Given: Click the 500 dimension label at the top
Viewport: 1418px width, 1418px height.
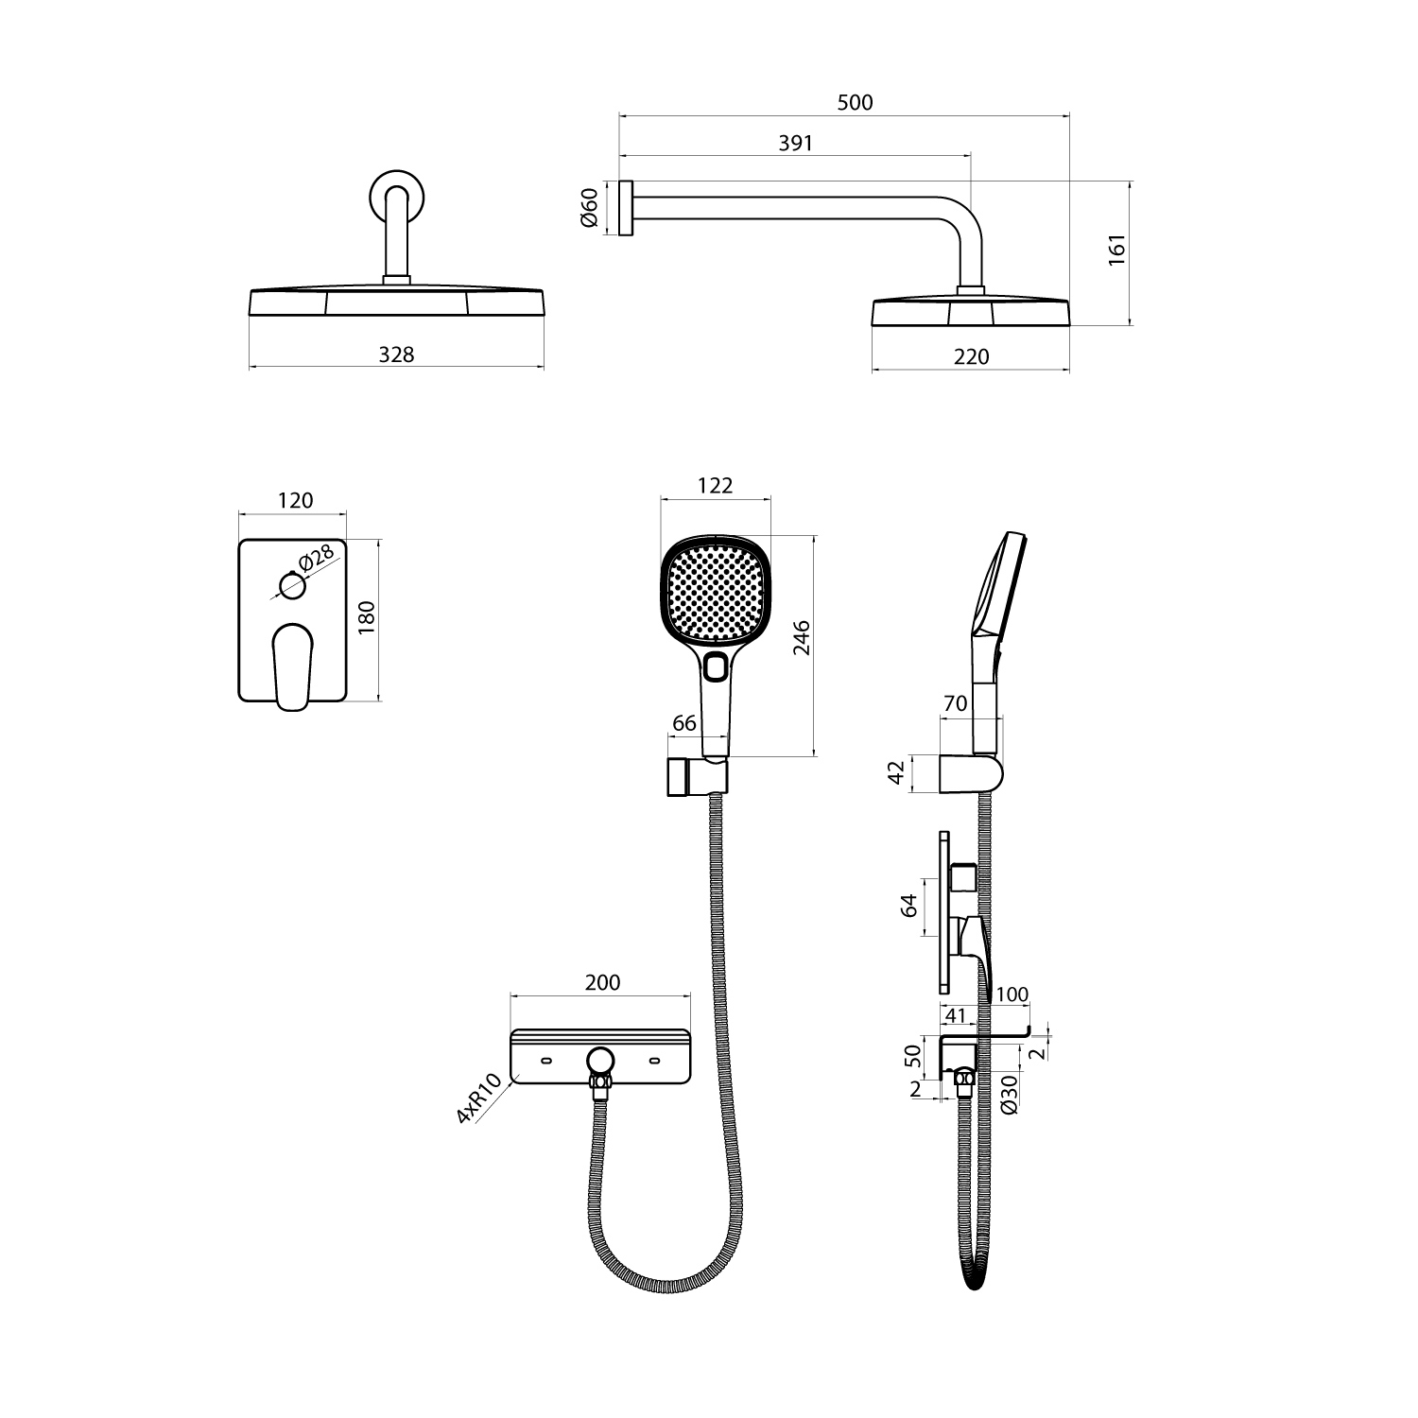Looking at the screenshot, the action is [856, 102].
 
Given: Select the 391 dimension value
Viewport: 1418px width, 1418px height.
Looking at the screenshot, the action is [795, 143].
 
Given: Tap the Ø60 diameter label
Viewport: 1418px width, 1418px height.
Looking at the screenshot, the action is [588, 208].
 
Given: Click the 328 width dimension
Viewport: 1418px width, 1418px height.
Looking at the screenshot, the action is [396, 354].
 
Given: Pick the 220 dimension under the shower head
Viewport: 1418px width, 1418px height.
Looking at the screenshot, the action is [972, 356].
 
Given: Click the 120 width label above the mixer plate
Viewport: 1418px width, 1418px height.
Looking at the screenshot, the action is [295, 501].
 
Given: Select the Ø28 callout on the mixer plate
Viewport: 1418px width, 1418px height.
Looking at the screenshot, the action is [316, 560].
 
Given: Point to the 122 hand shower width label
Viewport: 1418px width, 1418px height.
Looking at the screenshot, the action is [716, 486].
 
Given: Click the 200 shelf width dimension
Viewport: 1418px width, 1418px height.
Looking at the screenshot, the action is [602, 983].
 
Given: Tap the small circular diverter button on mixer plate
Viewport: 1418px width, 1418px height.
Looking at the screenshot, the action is [293, 586].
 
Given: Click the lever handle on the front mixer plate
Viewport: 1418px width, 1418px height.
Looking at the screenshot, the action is [292, 666].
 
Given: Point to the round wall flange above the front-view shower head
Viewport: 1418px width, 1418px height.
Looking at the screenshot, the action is [396, 197].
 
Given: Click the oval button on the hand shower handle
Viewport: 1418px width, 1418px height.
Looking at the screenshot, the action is [716, 666].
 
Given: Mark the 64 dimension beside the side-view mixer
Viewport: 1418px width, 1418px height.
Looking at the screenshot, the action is [909, 905].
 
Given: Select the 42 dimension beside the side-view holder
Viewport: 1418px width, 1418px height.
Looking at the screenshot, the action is [897, 772].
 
